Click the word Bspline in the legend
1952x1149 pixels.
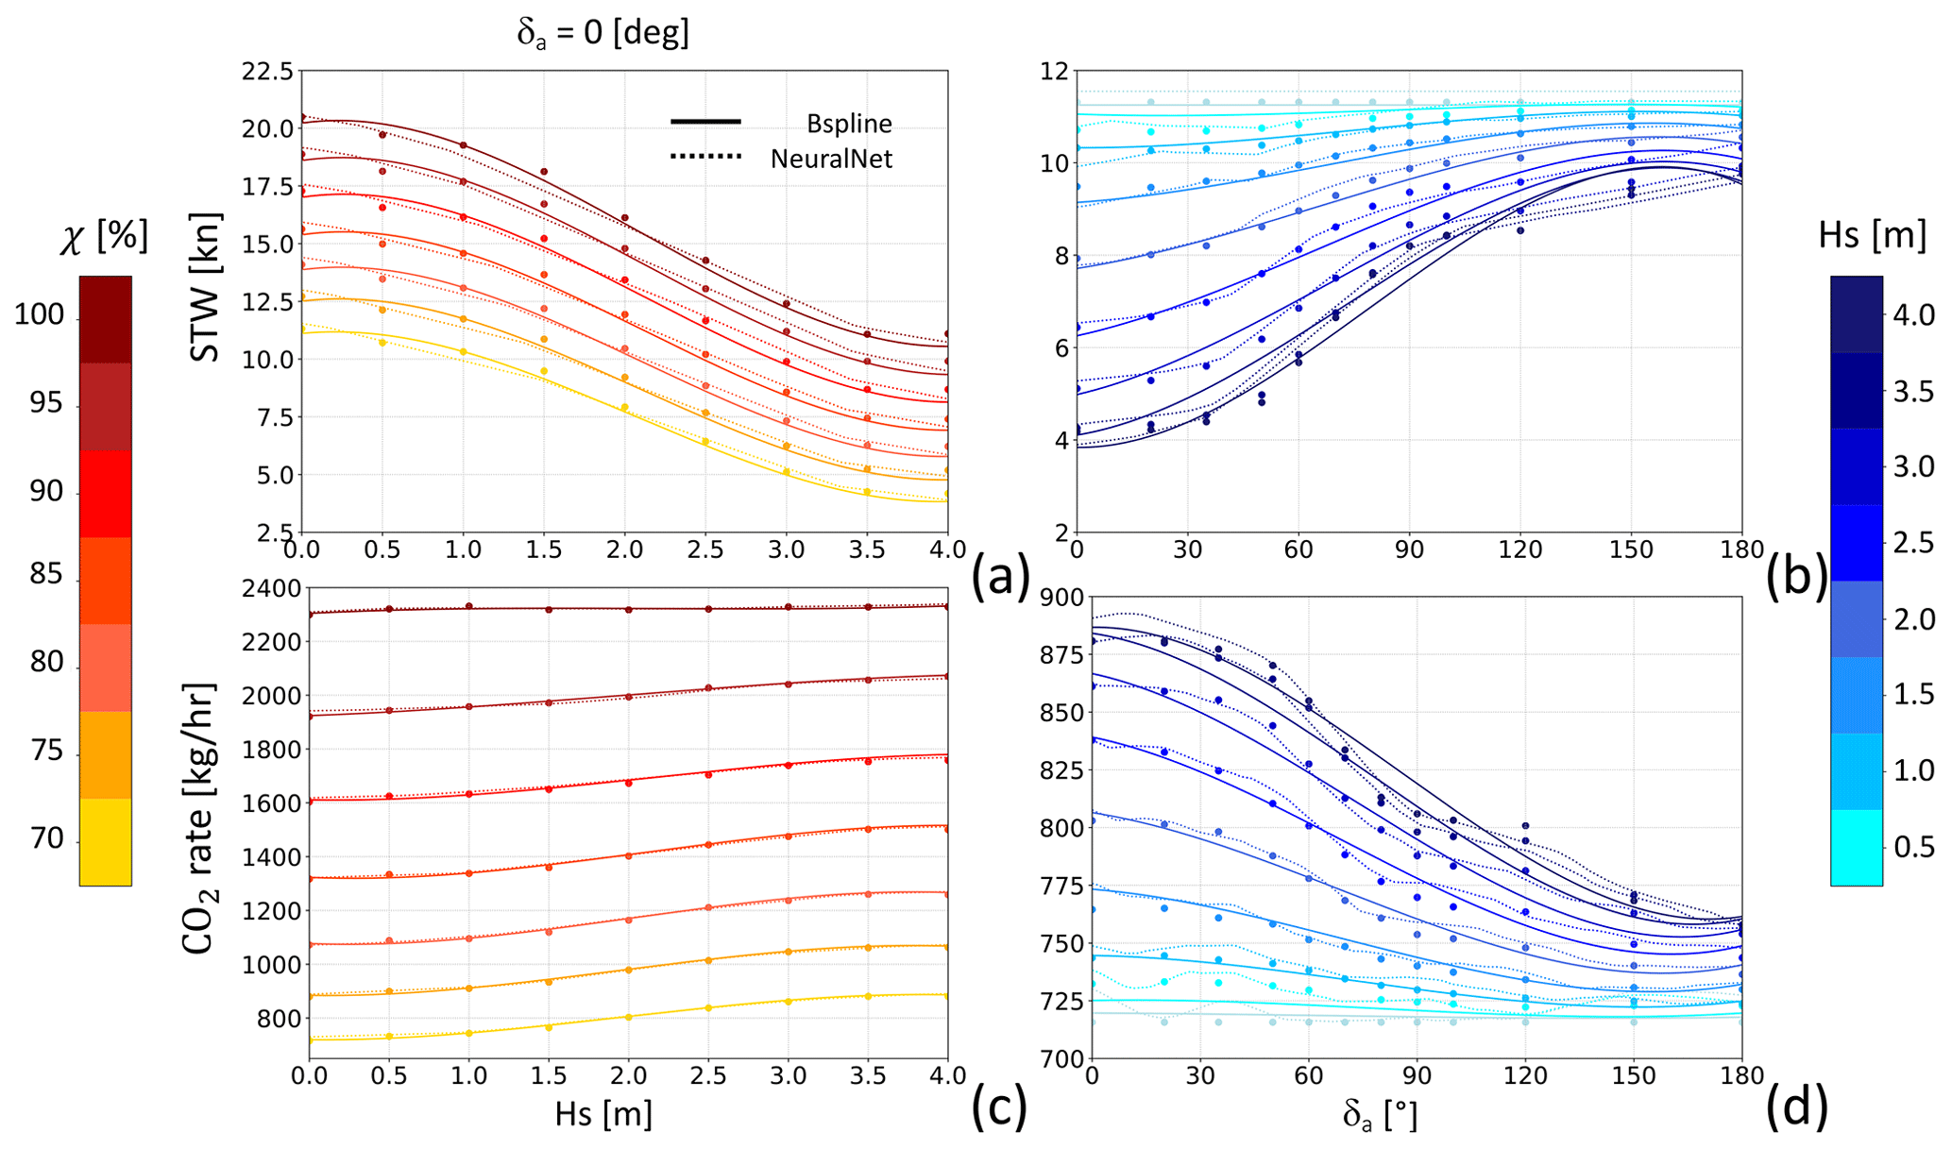pyautogui.click(x=849, y=124)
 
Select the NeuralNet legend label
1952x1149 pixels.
pyautogui.click(x=831, y=159)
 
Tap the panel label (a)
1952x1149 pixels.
pyautogui.click(x=999, y=576)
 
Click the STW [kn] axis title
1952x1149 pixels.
pyautogui.click(x=205, y=288)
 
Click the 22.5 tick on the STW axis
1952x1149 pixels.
pyautogui.click(x=266, y=72)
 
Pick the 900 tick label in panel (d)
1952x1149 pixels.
pyautogui.click(x=1061, y=598)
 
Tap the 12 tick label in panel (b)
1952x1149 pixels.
pyautogui.click(x=1055, y=72)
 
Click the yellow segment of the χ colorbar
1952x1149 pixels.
pyautogui.click(x=105, y=842)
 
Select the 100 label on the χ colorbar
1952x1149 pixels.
pyautogui.click(x=39, y=315)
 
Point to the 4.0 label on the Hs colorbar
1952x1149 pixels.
pyautogui.click(x=1913, y=315)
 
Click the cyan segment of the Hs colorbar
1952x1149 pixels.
pyautogui.click(x=1856, y=847)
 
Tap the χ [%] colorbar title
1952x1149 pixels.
pyautogui.click(x=104, y=238)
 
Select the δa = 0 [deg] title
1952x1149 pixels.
pyautogui.click(x=603, y=34)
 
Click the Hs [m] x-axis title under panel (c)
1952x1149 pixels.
pyautogui.click(x=603, y=1114)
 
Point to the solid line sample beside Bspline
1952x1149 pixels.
pyautogui.click(x=705, y=122)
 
